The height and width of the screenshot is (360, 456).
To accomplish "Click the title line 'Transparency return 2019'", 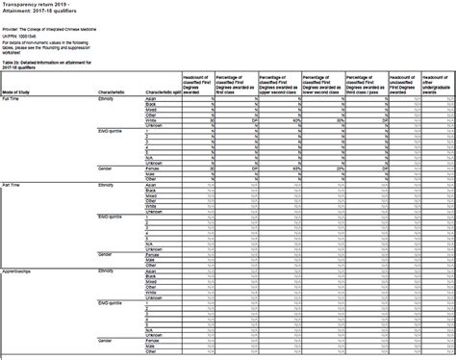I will coord(35,4).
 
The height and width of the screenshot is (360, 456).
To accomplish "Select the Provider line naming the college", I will coord(58,30).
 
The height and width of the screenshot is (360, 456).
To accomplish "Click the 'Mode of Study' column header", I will coord(19,90).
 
